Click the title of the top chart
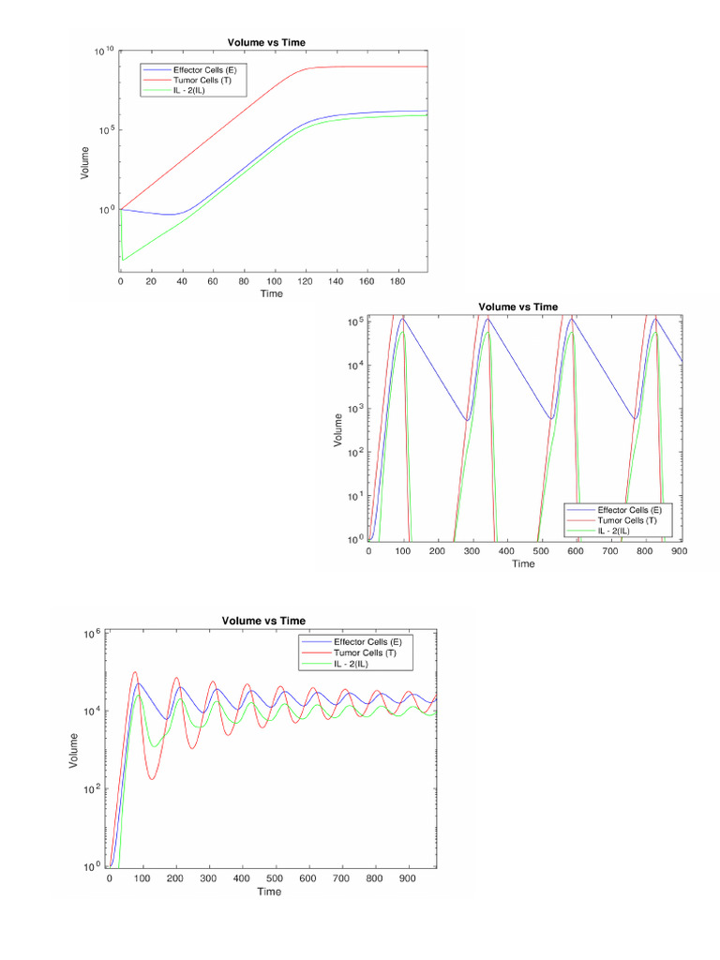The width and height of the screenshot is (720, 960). [266, 41]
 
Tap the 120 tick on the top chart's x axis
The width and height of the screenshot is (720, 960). [306, 280]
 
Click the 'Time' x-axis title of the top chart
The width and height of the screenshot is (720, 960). [272, 293]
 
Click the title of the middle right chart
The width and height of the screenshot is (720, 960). [517, 307]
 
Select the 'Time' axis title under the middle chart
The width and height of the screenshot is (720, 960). [523, 564]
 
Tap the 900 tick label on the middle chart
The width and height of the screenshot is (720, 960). [680, 551]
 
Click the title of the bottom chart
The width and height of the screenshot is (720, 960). [263, 621]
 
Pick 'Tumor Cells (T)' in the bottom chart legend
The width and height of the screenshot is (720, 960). [365, 652]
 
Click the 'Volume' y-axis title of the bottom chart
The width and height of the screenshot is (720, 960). [74, 750]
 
